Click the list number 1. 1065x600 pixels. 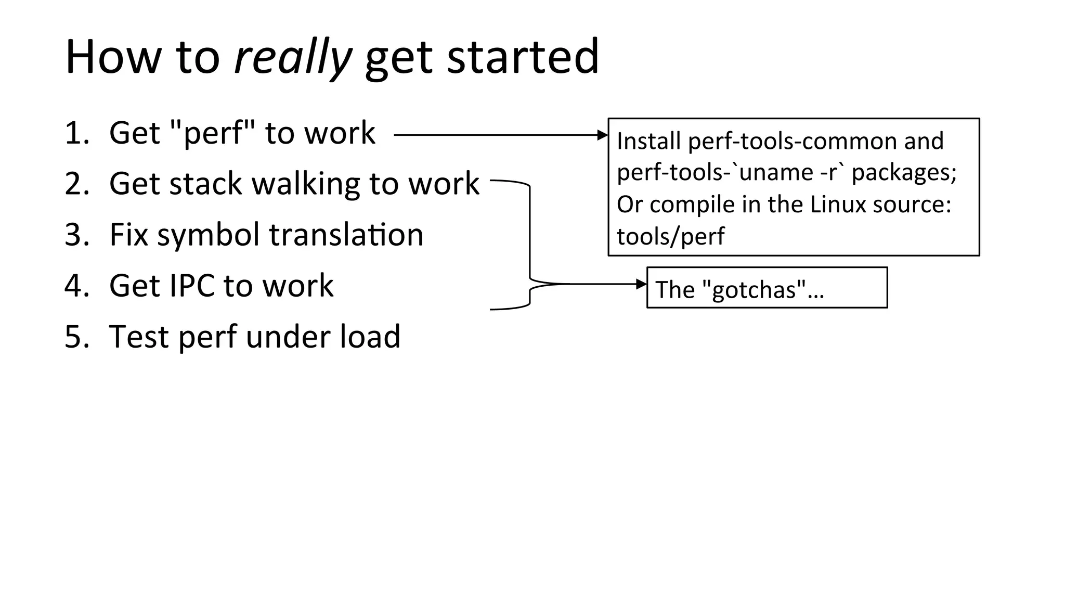pyautogui.click(x=76, y=133)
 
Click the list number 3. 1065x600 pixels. pyautogui.click(x=76, y=235)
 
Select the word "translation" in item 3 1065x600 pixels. pyautogui.click(x=346, y=235)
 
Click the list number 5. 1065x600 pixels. pyautogui.click(x=76, y=337)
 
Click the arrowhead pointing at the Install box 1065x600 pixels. pyautogui.click(x=603, y=135)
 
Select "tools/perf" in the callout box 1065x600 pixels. pyautogui.click(x=670, y=237)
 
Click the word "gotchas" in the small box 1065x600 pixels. pyautogui.click(x=754, y=290)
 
